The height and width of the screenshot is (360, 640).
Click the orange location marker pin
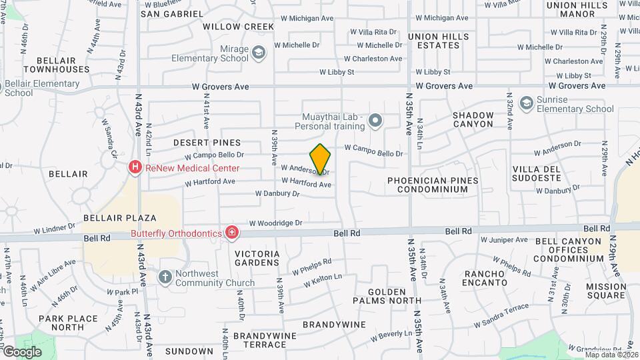(x=321, y=159)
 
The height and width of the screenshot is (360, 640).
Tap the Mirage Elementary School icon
(x=258, y=51)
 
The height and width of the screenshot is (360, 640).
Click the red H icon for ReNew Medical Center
(x=136, y=167)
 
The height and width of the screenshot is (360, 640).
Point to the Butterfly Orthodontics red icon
(x=231, y=233)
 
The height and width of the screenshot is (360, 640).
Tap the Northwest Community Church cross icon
(x=165, y=276)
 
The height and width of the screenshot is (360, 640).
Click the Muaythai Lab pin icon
(x=375, y=121)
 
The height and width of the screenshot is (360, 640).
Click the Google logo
(x=21, y=351)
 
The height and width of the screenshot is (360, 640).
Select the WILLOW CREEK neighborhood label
(x=239, y=27)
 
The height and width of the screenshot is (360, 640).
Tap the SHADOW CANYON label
(x=473, y=119)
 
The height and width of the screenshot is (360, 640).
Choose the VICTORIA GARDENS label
(x=257, y=258)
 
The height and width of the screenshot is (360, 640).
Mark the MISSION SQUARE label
(x=606, y=291)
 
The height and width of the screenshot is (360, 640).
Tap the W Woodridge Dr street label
(x=276, y=223)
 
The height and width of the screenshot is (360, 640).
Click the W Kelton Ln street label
(x=323, y=280)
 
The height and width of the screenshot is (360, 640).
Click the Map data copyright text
(x=611, y=354)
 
